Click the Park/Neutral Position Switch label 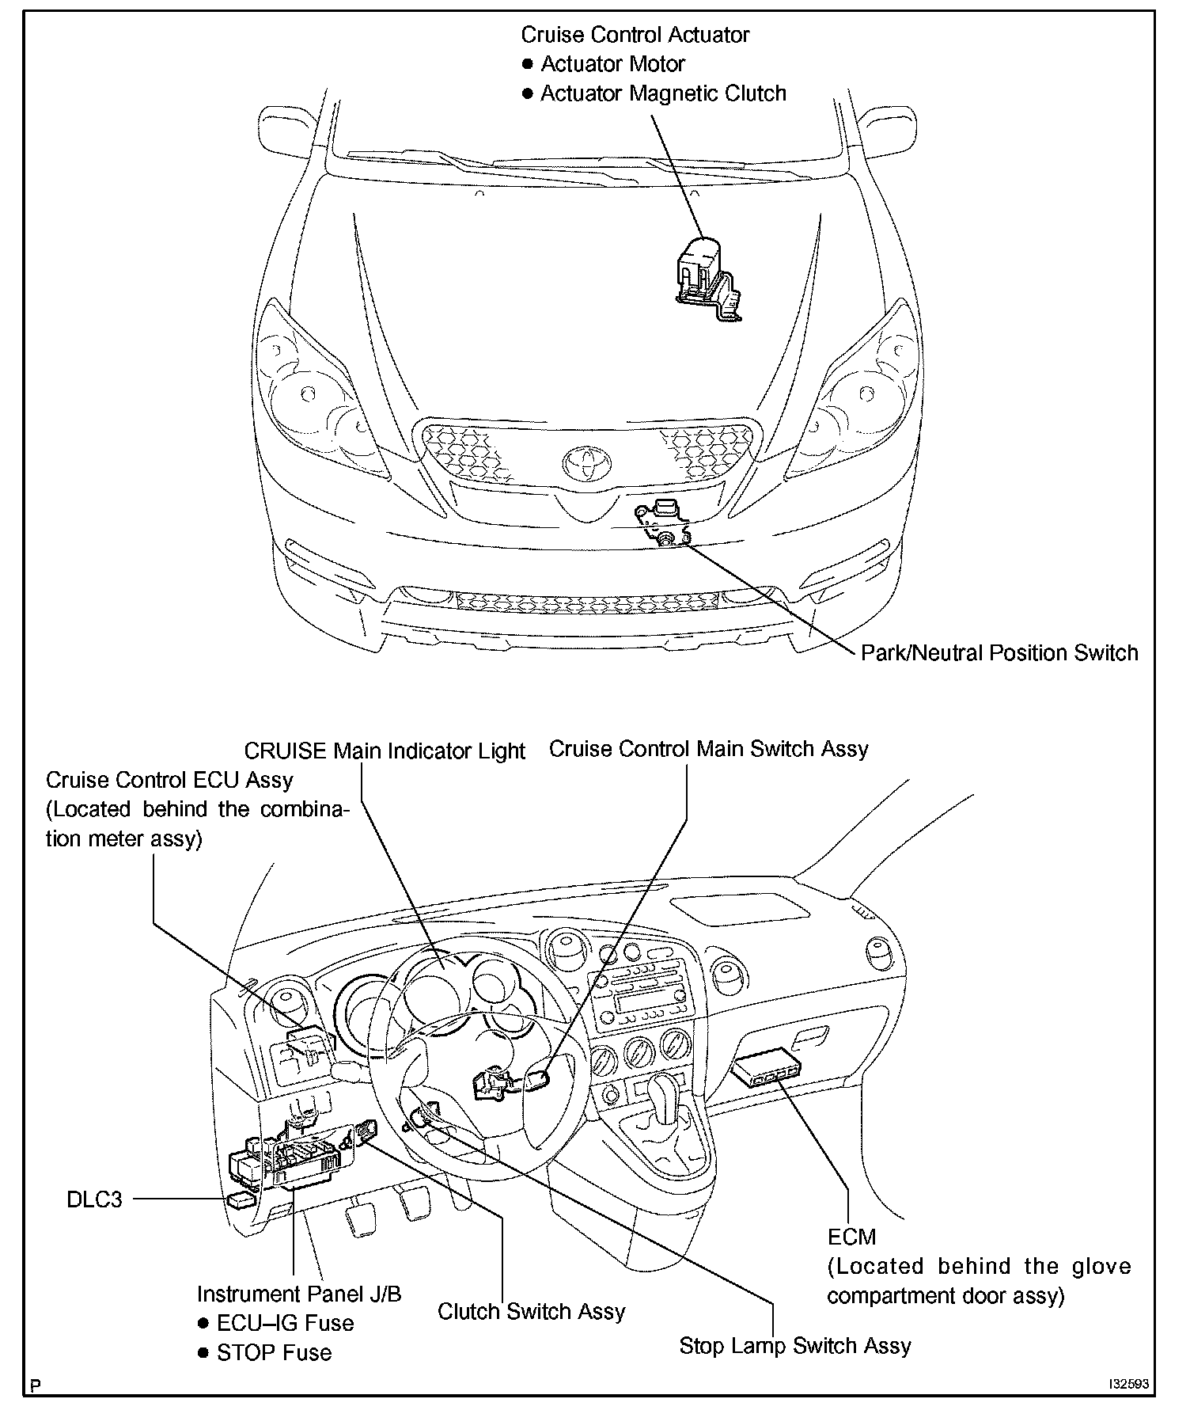click(x=999, y=653)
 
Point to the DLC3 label click(x=94, y=1199)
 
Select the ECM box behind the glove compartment click(x=764, y=1069)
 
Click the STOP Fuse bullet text click(x=274, y=1352)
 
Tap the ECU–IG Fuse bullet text click(x=286, y=1323)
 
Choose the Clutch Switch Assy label click(x=531, y=1311)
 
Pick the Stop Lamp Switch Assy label click(x=795, y=1346)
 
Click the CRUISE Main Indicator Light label click(x=385, y=751)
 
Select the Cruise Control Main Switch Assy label click(x=708, y=749)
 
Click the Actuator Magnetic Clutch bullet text click(x=663, y=93)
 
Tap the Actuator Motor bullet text click(x=612, y=64)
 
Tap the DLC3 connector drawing click(x=241, y=1200)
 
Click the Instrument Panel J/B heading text click(x=299, y=1294)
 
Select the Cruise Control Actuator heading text click(x=635, y=35)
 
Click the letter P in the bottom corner click(x=35, y=1385)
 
